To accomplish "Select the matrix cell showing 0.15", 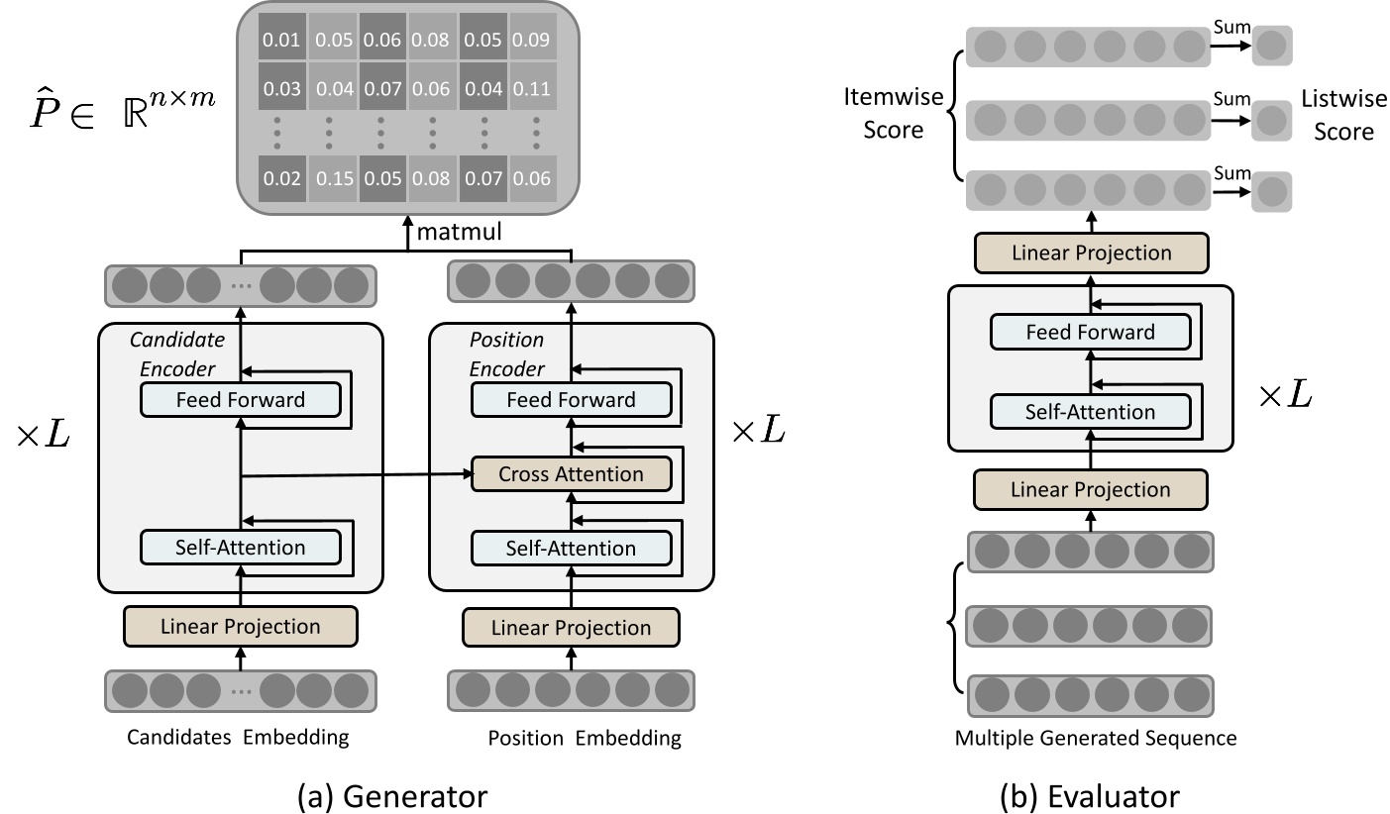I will (x=332, y=179).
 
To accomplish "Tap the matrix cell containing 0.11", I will (x=534, y=89).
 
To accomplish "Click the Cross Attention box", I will (x=571, y=474).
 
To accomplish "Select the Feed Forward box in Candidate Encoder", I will (x=240, y=400).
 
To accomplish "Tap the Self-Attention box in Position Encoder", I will (x=571, y=548).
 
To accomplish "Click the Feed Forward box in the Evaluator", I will (x=1090, y=332).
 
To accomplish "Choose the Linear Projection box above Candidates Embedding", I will (x=240, y=626).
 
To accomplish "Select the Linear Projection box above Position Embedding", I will (x=571, y=627).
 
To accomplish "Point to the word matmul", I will (x=459, y=235).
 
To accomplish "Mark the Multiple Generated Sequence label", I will (x=1096, y=738).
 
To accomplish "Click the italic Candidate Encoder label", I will (x=177, y=354).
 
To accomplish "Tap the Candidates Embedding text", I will (x=239, y=738).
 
